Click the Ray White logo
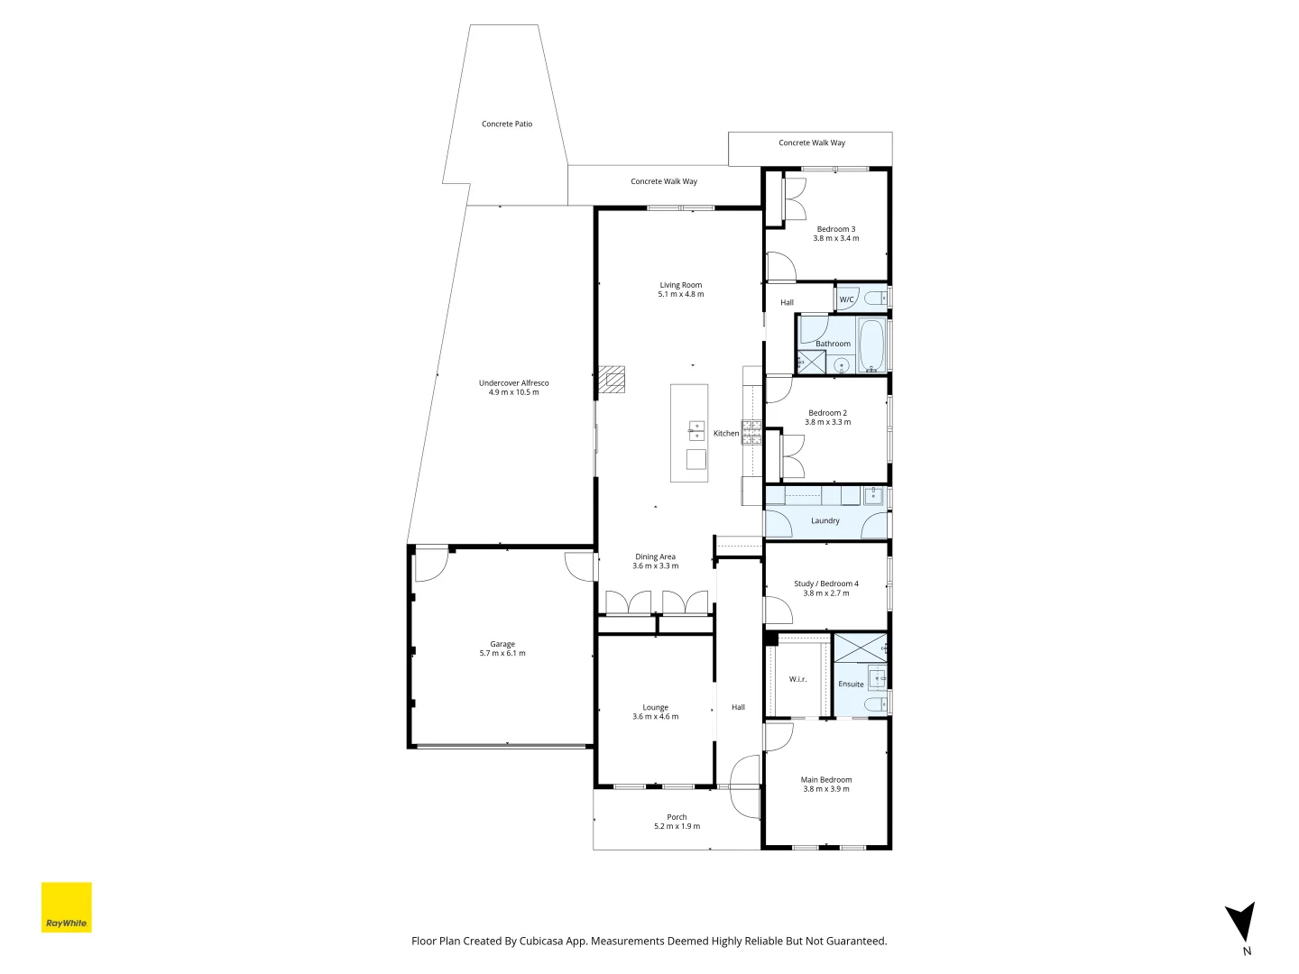(x=67, y=907)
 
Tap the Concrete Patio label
(x=507, y=124)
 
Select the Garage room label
(x=502, y=644)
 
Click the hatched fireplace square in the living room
(x=613, y=380)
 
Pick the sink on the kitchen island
(x=696, y=430)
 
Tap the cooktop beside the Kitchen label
(x=751, y=432)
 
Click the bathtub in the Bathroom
(x=871, y=345)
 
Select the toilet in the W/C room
(x=873, y=299)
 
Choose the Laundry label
(x=825, y=521)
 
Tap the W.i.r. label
(x=797, y=679)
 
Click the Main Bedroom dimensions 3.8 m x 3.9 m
(x=826, y=789)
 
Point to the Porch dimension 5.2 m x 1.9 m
(x=677, y=826)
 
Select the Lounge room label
(x=656, y=707)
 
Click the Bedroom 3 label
(x=836, y=229)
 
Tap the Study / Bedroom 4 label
(x=826, y=583)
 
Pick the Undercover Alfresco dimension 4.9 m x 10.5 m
(x=514, y=392)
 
